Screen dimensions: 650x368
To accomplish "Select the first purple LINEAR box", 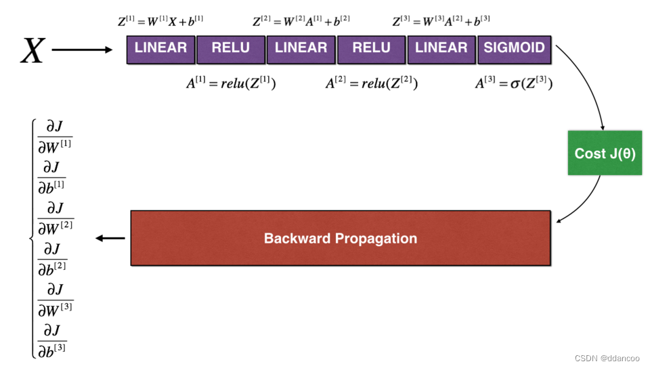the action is pos(161,49).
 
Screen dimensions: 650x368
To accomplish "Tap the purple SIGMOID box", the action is pos(514,49).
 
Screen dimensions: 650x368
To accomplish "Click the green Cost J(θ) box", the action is pos(605,154).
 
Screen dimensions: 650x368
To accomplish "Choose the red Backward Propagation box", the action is pos(340,238).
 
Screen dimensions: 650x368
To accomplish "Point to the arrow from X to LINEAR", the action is pos(82,50).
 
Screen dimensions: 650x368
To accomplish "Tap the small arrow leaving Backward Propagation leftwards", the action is pos(110,238).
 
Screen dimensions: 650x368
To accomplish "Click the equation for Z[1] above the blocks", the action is pos(160,22).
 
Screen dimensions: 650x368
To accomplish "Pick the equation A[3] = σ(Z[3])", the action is pos(514,84).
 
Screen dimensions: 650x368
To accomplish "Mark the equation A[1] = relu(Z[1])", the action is pos(231,84).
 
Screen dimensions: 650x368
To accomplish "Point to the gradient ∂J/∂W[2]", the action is pos(56,216).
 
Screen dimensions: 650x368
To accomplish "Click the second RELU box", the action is pos(372,49).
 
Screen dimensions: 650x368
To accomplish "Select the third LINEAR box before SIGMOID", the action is pos(441,49).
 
